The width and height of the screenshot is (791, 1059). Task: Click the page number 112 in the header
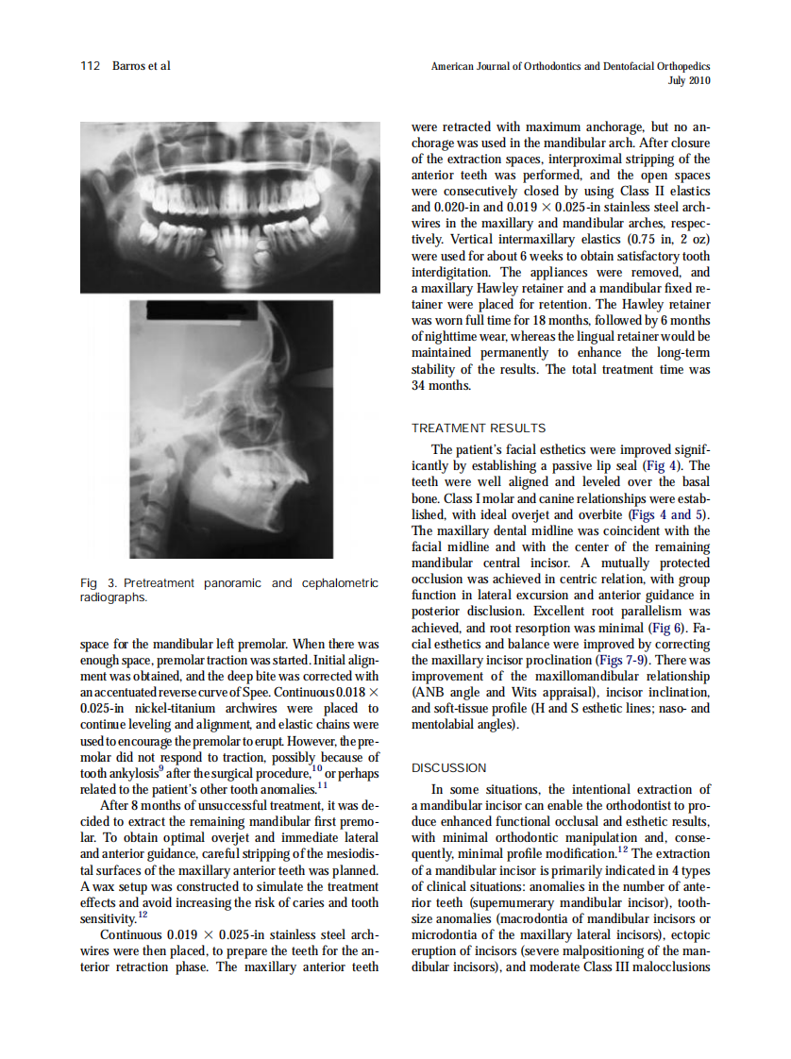[90, 66]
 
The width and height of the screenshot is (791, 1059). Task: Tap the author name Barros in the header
[130, 66]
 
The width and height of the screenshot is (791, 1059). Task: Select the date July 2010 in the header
[688, 81]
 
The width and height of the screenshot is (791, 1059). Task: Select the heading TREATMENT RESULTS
[479, 429]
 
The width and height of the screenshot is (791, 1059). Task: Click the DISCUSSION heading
[449, 767]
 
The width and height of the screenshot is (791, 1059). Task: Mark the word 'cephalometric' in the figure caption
[339, 583]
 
